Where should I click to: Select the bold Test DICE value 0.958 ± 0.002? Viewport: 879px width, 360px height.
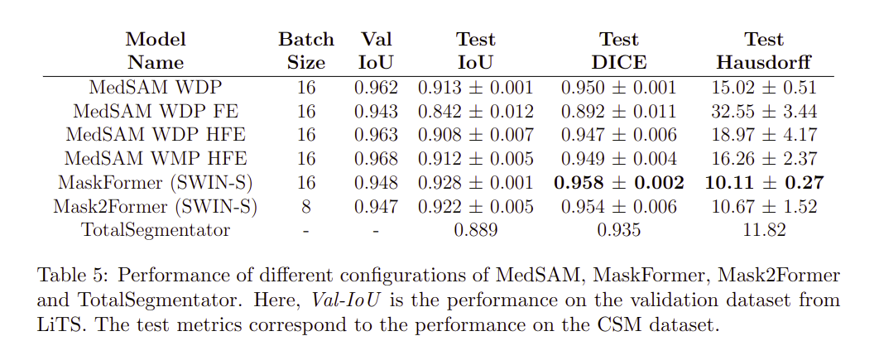click(622, 183)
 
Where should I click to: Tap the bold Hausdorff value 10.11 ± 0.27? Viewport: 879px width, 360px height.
click(764, 183)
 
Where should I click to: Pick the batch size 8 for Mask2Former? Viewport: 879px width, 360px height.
click(306, 207)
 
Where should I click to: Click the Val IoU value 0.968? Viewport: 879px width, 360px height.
click(376, 159)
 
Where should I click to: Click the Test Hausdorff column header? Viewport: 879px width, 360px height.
click(764, 50)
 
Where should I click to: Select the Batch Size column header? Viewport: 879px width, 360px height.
click(306, 50)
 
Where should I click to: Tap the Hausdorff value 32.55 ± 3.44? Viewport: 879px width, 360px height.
click(764, 111)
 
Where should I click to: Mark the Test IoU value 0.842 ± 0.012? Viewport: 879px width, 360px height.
click(476, 111)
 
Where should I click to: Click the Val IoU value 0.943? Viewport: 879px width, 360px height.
click(376, 111)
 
